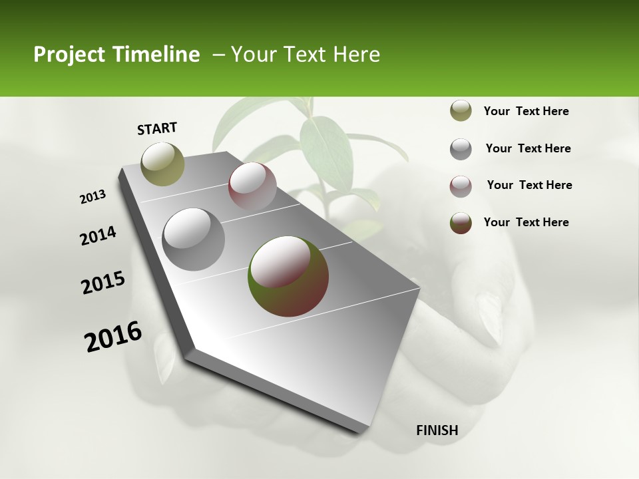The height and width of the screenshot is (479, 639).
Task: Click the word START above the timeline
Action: pyautogui.click(x=157, y=128)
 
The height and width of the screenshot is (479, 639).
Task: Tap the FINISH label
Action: pyautogui.click(x=437, y=430)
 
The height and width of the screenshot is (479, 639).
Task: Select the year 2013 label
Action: pyautogui.click(x=93, y=197)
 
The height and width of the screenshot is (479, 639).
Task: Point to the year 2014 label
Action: pyautogui.click(x=98, y=236)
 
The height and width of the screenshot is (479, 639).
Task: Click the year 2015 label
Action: pyautogui.click(x=103, y=283)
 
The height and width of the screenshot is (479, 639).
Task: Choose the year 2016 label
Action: pyautogui.click(x=113, y=337)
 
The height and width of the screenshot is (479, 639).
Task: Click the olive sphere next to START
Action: pyautogui.click(x=162, y=164)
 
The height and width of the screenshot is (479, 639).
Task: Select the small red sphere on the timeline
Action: pyautogui.click(x=252, y=187)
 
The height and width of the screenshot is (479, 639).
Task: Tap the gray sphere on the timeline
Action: pyautogui.click(x=193, y=239)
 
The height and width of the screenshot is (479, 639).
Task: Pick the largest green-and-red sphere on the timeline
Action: pyautogui.click(x=288, y=275)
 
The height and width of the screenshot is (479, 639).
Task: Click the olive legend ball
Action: pyautogui.click(x=461, y=111)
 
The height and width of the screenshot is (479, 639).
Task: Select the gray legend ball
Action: pyautogui.click(x=461, y=149)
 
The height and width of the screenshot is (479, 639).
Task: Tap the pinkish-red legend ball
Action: pyautogui.click(x=461, y=186)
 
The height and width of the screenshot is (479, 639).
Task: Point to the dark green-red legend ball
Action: pyautogui.click(x=461, y=223)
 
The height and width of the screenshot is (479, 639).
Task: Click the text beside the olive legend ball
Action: pyautogui.click(x=526, y=112)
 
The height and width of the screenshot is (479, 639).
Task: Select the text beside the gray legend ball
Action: pyautogui.click(x=528, y=148)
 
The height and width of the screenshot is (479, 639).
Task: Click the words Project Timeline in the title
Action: pyautogui.click(x=116, y=55)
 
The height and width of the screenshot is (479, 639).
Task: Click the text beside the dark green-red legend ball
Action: pyautogui.click(x=526, y=222)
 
